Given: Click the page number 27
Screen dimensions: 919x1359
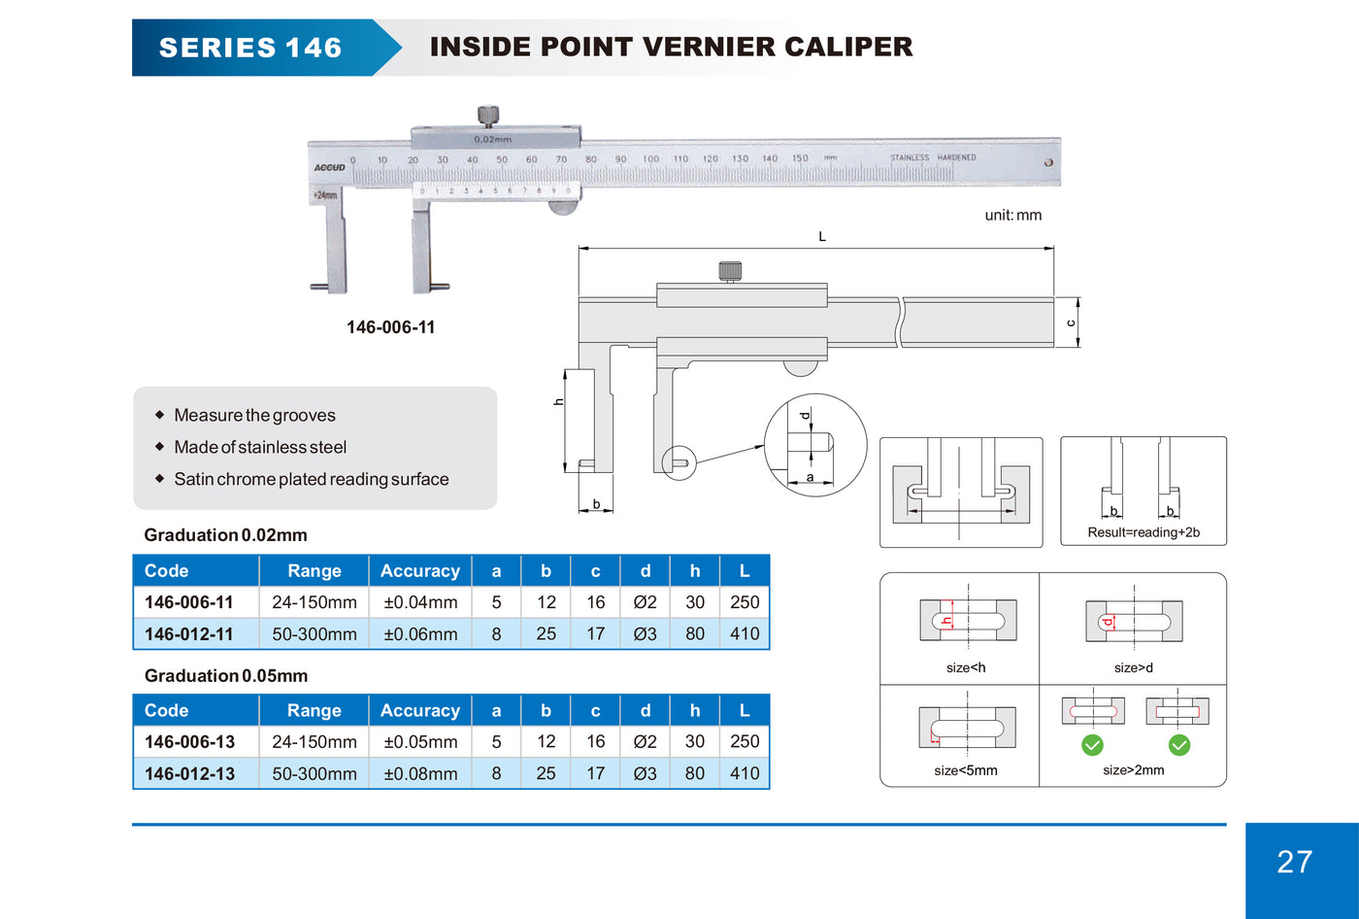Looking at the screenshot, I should point(1294,862).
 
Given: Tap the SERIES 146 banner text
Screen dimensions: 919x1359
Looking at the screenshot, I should point(250,48).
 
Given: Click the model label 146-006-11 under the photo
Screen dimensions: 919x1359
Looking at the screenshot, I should point(391,327).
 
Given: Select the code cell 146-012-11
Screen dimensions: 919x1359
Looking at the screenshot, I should point(189,634).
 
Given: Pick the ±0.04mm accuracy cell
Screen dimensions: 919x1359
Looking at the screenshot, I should point(420,602).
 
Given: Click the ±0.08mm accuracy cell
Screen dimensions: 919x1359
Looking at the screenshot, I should point(420,774).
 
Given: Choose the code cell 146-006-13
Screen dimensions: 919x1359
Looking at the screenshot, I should point(190,742).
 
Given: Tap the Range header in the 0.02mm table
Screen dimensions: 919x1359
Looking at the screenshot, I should point(315,571).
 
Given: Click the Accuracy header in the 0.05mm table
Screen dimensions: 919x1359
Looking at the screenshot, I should point(420,711).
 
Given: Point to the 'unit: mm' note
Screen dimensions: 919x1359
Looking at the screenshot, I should point(1012,215).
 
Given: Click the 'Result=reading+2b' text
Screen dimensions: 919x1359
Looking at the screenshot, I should point(1144,532).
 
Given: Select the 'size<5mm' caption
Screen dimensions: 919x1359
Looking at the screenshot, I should point(966,770).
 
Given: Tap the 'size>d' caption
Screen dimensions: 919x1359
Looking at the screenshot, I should point(1134,667).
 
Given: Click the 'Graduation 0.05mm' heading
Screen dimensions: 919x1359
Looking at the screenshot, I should point(226,676).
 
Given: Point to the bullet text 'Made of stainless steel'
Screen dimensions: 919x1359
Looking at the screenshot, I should point(260,448).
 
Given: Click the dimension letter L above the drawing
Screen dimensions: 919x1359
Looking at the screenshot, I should point(822,237).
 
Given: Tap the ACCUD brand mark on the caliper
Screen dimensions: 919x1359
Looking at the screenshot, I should point(330,167).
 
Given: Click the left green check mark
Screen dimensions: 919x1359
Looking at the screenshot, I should point(1093,745).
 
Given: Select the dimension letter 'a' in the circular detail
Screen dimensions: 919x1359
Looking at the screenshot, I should point(811,478).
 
